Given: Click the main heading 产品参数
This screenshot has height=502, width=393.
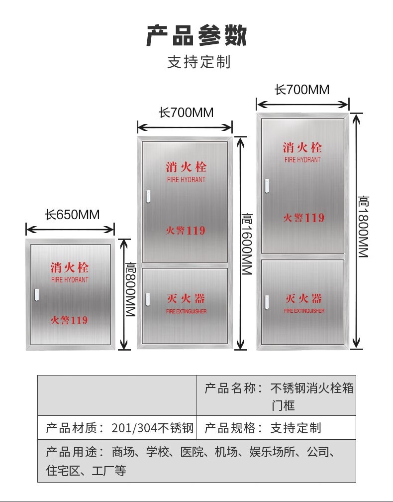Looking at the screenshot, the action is click(x=196, y=35).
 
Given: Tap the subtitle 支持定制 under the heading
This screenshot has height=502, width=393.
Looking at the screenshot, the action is click(x=199, y=62).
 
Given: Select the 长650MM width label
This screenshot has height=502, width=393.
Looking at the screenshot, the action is click(x=72, y=215).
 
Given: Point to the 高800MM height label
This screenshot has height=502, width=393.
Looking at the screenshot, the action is click(x=130, y=289).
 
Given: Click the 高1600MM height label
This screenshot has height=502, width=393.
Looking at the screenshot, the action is click(x=247, y=244).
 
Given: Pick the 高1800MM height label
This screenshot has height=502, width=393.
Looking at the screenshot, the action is click(x=363, y=227).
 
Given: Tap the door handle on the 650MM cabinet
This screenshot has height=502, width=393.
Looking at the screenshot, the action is click(x=36, y=295).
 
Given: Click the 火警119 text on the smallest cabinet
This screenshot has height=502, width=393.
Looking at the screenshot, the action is click(x=69, y=320).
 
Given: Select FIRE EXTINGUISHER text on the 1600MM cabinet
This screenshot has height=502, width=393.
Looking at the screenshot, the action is click(x=187, y=311).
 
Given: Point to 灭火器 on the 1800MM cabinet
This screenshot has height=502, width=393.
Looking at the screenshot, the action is click(x=304, y=298).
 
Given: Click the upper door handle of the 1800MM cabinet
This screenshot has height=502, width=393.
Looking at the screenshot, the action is click(x=267, y=186).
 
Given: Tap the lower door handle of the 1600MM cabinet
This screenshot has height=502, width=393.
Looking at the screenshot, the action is click(x=148, y=300).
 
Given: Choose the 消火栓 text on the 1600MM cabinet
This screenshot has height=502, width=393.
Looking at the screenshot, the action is click(x=186, y=167).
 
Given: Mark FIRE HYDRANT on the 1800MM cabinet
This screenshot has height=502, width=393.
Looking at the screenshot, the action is click(x=302, y=159).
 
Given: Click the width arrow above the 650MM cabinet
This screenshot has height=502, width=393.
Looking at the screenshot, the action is click(x=70, y=229).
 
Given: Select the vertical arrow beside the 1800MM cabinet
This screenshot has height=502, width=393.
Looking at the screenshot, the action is click(x=357, y=231).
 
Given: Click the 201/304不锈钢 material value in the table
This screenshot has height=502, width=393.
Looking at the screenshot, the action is click(x=153, y=428).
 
